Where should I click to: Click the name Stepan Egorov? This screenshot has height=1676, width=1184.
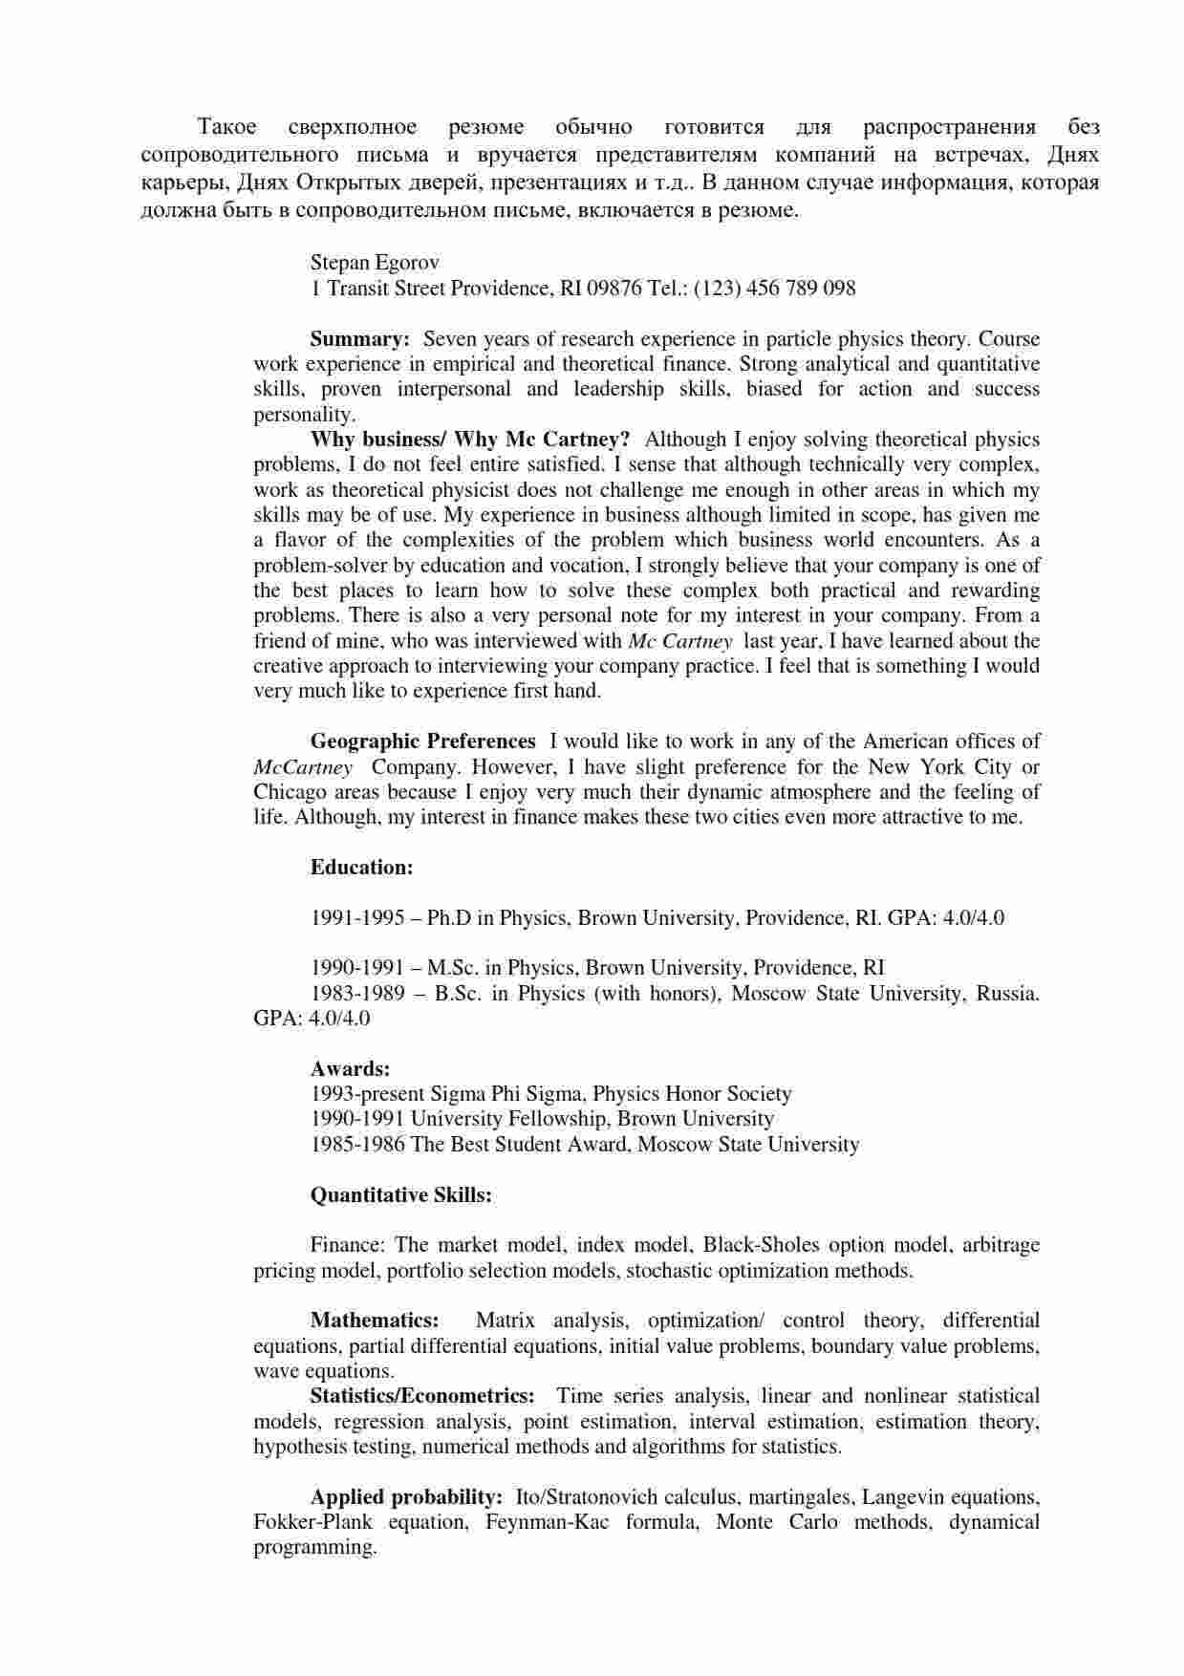point(375,263)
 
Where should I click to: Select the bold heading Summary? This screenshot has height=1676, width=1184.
point(360,339)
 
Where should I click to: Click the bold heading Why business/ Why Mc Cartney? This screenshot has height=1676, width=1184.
point(470,440)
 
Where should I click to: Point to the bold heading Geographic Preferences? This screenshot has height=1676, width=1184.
point(422,741)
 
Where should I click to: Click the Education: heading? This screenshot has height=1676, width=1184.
point(361,868)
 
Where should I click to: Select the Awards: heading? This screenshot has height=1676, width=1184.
point(350,1069)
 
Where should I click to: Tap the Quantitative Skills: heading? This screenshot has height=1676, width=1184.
point(401,1195)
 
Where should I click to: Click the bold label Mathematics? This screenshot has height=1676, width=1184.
point(375,1321)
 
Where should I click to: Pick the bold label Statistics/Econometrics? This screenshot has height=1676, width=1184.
point(422,1396)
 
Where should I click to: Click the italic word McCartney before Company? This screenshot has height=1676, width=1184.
point(303,767)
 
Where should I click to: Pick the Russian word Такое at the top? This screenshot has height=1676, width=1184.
point(226,127)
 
